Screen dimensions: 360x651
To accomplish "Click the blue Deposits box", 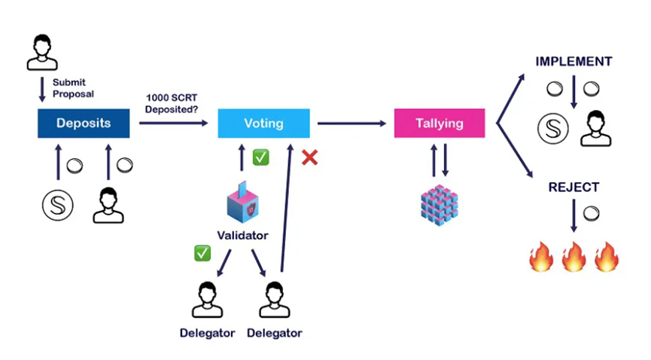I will (x=84, y=124).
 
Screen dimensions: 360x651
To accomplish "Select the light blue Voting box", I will (x=263, y=124).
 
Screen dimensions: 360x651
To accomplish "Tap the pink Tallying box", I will (x=440, y=124).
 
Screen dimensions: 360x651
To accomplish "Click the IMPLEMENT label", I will (x=573, y=62).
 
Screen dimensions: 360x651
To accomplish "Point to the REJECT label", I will (x=573, y=187).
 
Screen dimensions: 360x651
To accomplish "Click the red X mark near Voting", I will (x=309, y=158).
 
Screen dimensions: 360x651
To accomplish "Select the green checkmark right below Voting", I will (x=260, y=157).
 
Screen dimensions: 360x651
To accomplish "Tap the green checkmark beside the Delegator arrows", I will (x=202, y=253).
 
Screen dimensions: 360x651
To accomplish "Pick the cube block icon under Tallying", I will (x=440, y=203).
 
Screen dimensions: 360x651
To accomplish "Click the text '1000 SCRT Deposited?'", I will (x=174, y=102).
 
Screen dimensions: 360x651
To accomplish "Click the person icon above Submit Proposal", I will (x=42, y=50).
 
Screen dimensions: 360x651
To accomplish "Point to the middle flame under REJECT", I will (x=573, y=257).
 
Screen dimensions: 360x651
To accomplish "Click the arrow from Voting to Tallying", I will (x=350, y=124).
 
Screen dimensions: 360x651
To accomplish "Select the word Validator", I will (x=242, y=236).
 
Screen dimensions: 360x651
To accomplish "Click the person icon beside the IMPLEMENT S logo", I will (x=596, y=129).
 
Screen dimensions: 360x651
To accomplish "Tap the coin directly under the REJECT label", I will (x=592, y=213).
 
